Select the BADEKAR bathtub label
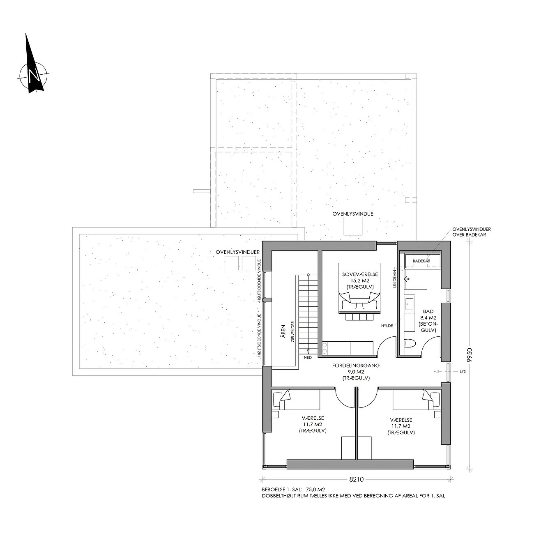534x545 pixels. point(421,261)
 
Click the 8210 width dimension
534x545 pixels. point(356,479)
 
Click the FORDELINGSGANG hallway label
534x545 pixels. point(356,366)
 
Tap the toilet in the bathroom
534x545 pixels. point(410,343)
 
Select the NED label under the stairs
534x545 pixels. point(308,357)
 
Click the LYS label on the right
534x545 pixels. point(463,371)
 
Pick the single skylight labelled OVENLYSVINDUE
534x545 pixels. point(353,227)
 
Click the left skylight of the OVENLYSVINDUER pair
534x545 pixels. point(232,263)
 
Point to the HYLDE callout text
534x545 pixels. point(387,326)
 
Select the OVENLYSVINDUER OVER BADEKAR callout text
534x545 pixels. point(472,232)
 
